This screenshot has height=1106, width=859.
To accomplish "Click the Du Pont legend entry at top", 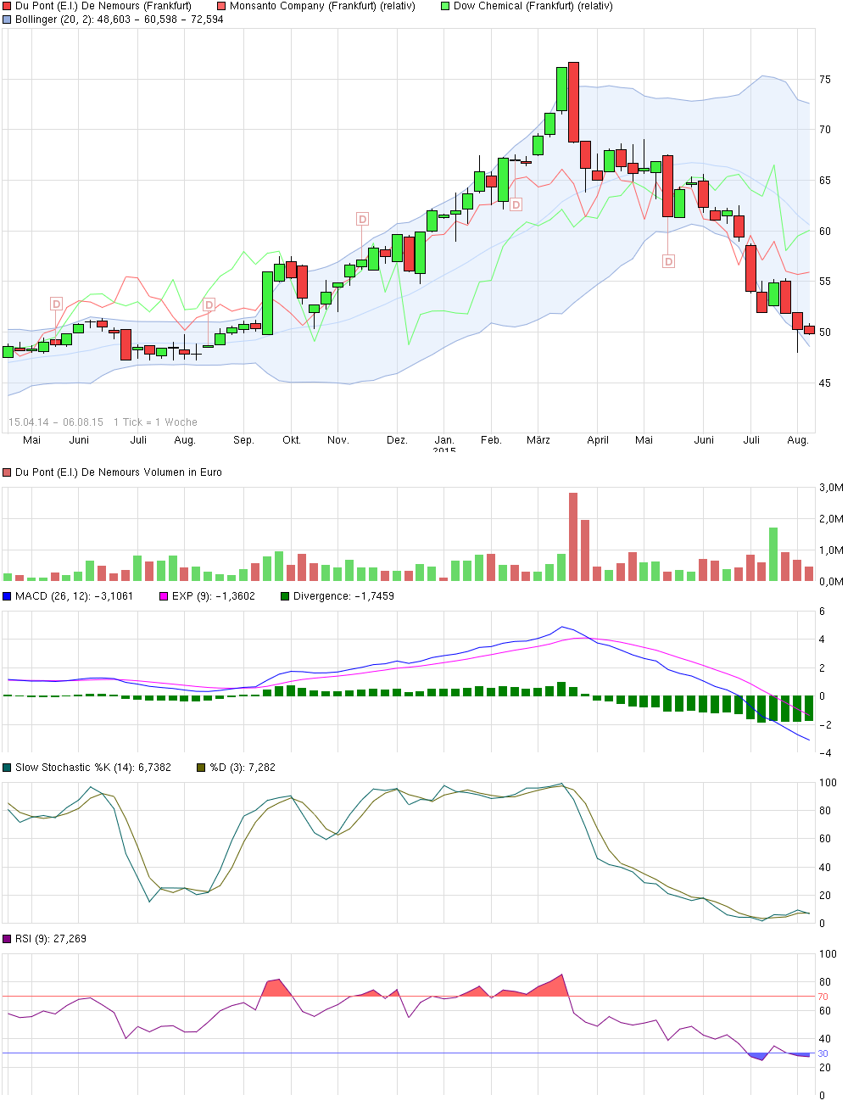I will point(103,6).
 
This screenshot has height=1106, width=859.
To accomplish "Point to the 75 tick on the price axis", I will point(825,80).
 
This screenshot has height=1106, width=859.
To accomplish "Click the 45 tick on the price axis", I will point(825,383).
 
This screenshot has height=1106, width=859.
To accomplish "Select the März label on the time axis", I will point(538,440).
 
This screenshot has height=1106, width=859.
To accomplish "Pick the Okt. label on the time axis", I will point(292,440).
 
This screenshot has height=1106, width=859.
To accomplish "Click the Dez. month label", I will point(397,440).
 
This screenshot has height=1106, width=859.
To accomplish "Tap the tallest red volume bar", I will point(573,537).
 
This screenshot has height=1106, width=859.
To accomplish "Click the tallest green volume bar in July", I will point(773,554).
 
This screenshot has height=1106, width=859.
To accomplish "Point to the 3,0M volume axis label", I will point(831,488).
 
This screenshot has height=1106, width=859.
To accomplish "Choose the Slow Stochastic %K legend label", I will point(93,768).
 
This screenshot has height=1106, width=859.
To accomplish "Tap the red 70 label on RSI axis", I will point(823,997).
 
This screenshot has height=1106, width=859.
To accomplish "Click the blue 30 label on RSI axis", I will point(823,1053).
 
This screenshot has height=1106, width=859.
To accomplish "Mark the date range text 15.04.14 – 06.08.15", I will point(56,422).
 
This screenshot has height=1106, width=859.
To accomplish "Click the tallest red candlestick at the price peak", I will point(573,102).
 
